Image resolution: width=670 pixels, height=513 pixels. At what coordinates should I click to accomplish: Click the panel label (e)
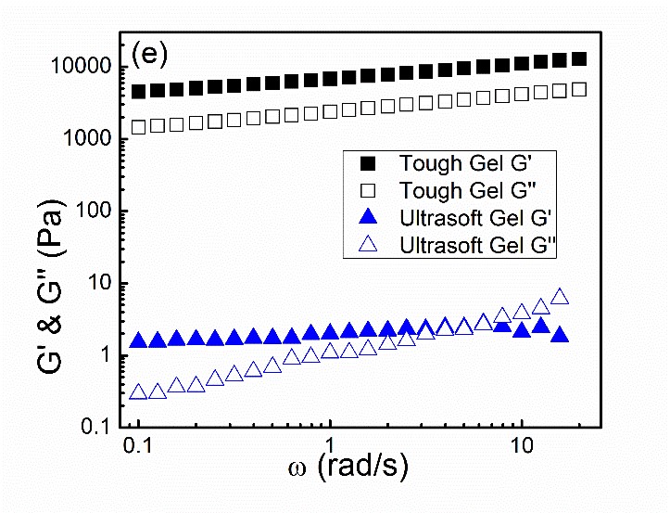[149, 54]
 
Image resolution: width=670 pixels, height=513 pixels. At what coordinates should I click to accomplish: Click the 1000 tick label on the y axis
[91, 139]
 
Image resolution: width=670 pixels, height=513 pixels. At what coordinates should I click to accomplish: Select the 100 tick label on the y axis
[96, 212]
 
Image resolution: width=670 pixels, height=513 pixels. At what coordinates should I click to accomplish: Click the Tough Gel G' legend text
[470, 163]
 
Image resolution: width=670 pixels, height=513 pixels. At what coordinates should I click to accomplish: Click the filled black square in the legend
[369, 163]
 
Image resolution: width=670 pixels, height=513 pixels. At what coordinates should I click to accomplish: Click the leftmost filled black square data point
[139, 92]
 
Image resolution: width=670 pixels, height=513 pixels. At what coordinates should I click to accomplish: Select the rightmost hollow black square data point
[580, 90]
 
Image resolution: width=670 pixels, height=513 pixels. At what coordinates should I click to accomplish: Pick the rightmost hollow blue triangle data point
[560, 298]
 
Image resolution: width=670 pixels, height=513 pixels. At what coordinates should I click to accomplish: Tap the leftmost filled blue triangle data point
[139, 340]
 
